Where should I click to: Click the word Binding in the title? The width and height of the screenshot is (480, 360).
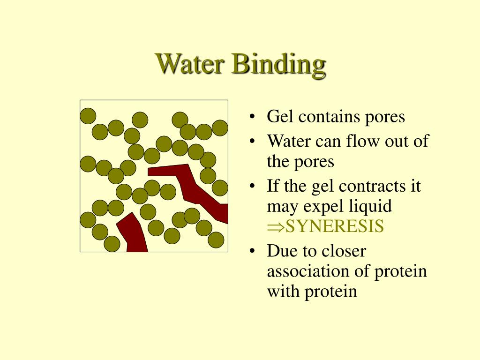coord(278,64)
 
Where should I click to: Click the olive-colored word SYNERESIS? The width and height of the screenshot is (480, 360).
coord(335,226)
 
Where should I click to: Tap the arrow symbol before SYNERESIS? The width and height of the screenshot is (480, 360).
coord(273,227)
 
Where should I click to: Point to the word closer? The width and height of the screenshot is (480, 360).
coord(343,251)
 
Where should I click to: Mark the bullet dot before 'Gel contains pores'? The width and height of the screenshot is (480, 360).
coord(253,117)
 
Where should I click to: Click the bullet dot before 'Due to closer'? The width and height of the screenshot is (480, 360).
coord(253,252)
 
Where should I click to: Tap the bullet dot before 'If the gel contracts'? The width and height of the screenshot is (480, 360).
coord(253,187)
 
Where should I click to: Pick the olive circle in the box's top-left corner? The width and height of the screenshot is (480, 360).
coord(88,115)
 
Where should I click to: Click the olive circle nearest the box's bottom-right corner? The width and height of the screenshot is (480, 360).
coord(216,240)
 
